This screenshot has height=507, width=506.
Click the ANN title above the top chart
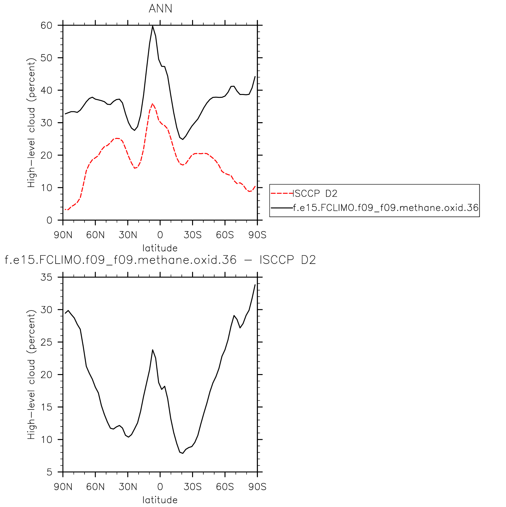coord(160,9)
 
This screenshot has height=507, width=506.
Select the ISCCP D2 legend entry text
coord(315,193)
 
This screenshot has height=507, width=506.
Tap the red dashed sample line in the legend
coord(282,193)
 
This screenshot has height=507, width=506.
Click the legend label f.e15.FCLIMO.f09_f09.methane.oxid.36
coord(386,208)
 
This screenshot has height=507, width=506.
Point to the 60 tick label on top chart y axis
coord(46,26)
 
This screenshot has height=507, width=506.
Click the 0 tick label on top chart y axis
coord(49,221)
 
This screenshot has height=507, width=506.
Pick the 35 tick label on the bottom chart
coord(46,278)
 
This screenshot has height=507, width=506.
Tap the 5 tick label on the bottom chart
coord(49,473)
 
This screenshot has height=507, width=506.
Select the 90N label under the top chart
coord(63,235)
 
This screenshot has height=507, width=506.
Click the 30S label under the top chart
coord(193,235)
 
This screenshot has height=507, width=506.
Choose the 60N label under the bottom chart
coord(96,487)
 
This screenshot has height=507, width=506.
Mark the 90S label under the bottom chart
coord(257,487)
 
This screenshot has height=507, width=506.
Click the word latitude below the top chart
coord(160,248)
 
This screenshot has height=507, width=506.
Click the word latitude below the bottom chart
coord(160,500)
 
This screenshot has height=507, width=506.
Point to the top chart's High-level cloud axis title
coord(31,123)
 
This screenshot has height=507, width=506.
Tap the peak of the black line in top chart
coord(153,26)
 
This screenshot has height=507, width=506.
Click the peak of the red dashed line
coord(153,103)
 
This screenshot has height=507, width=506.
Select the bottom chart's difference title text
coord(160,260)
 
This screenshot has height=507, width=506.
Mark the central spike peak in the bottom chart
coord(153,350)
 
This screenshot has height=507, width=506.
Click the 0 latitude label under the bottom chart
coord(160,487)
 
